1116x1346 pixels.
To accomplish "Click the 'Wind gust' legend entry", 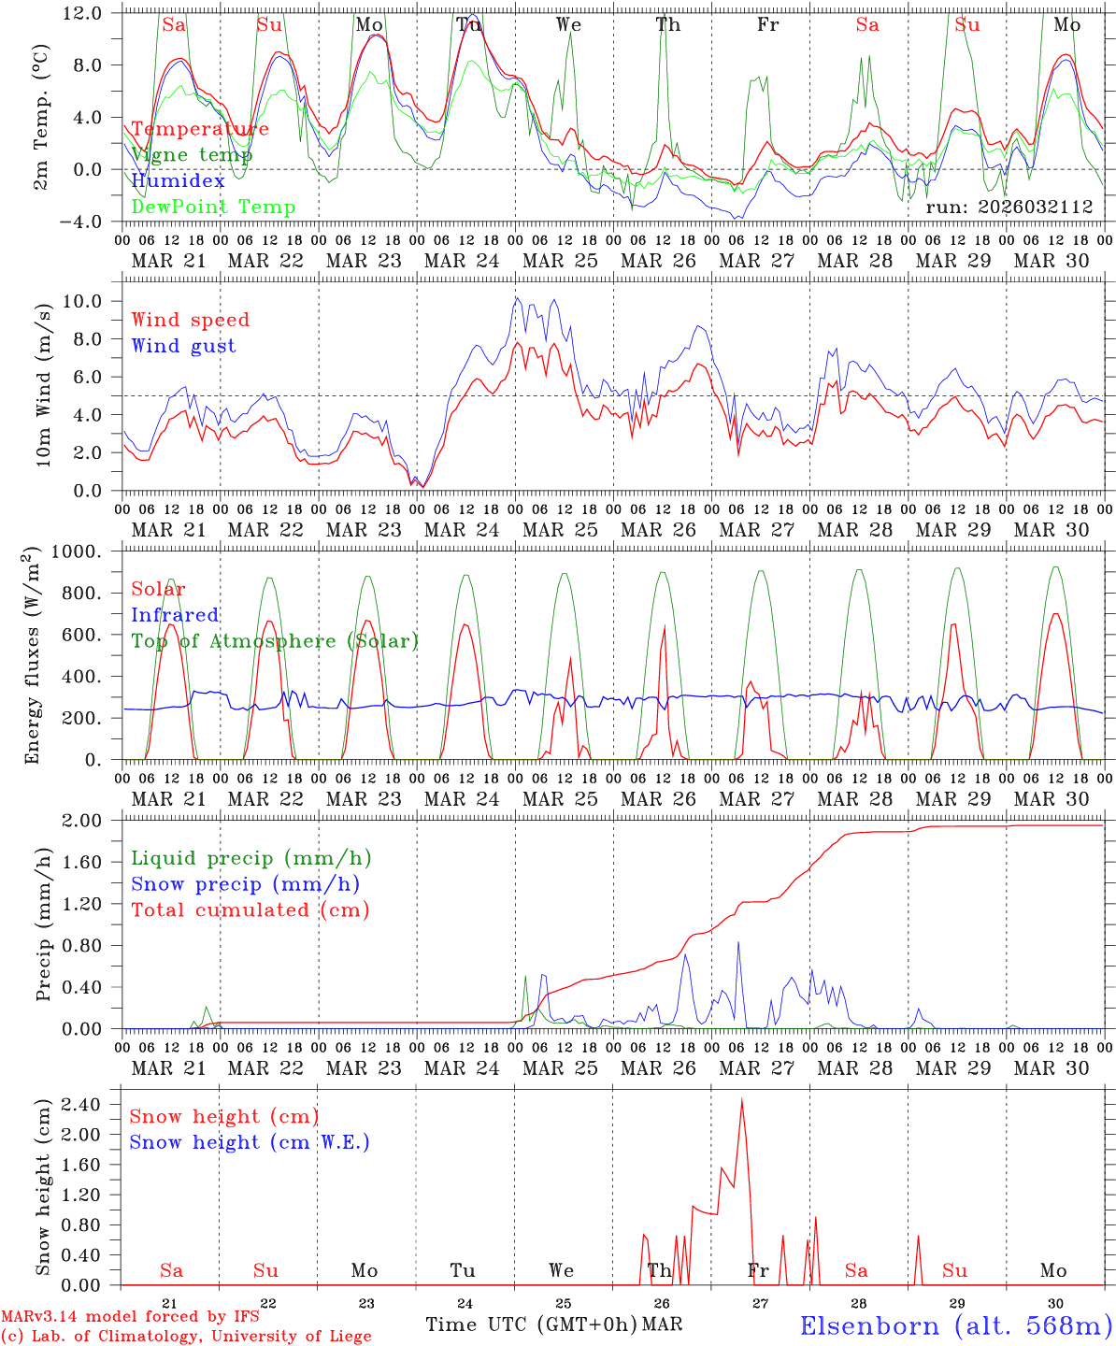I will (183, 346).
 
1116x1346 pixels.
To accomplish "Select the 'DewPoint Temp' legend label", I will (213, 207).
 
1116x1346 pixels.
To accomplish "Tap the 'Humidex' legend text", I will (178, 180).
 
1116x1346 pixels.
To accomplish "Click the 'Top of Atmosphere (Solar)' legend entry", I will (275, 641).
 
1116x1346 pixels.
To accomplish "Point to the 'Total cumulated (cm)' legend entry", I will (250, 909).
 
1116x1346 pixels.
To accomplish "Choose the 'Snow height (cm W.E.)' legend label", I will (250, 1142).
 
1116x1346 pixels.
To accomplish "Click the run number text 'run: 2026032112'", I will (1009, 207).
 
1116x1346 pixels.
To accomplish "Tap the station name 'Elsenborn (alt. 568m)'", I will (955, 1325).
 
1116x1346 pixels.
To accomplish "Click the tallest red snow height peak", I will (742, 1100).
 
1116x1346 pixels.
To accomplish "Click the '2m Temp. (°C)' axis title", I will (42, 117).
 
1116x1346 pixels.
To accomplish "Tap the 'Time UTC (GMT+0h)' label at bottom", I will (532, 1325).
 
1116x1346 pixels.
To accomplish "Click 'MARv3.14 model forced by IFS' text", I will (130, 1317).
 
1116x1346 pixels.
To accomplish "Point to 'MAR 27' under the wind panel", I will (756, 530).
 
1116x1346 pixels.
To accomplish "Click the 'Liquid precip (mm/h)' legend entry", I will (250, 858).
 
